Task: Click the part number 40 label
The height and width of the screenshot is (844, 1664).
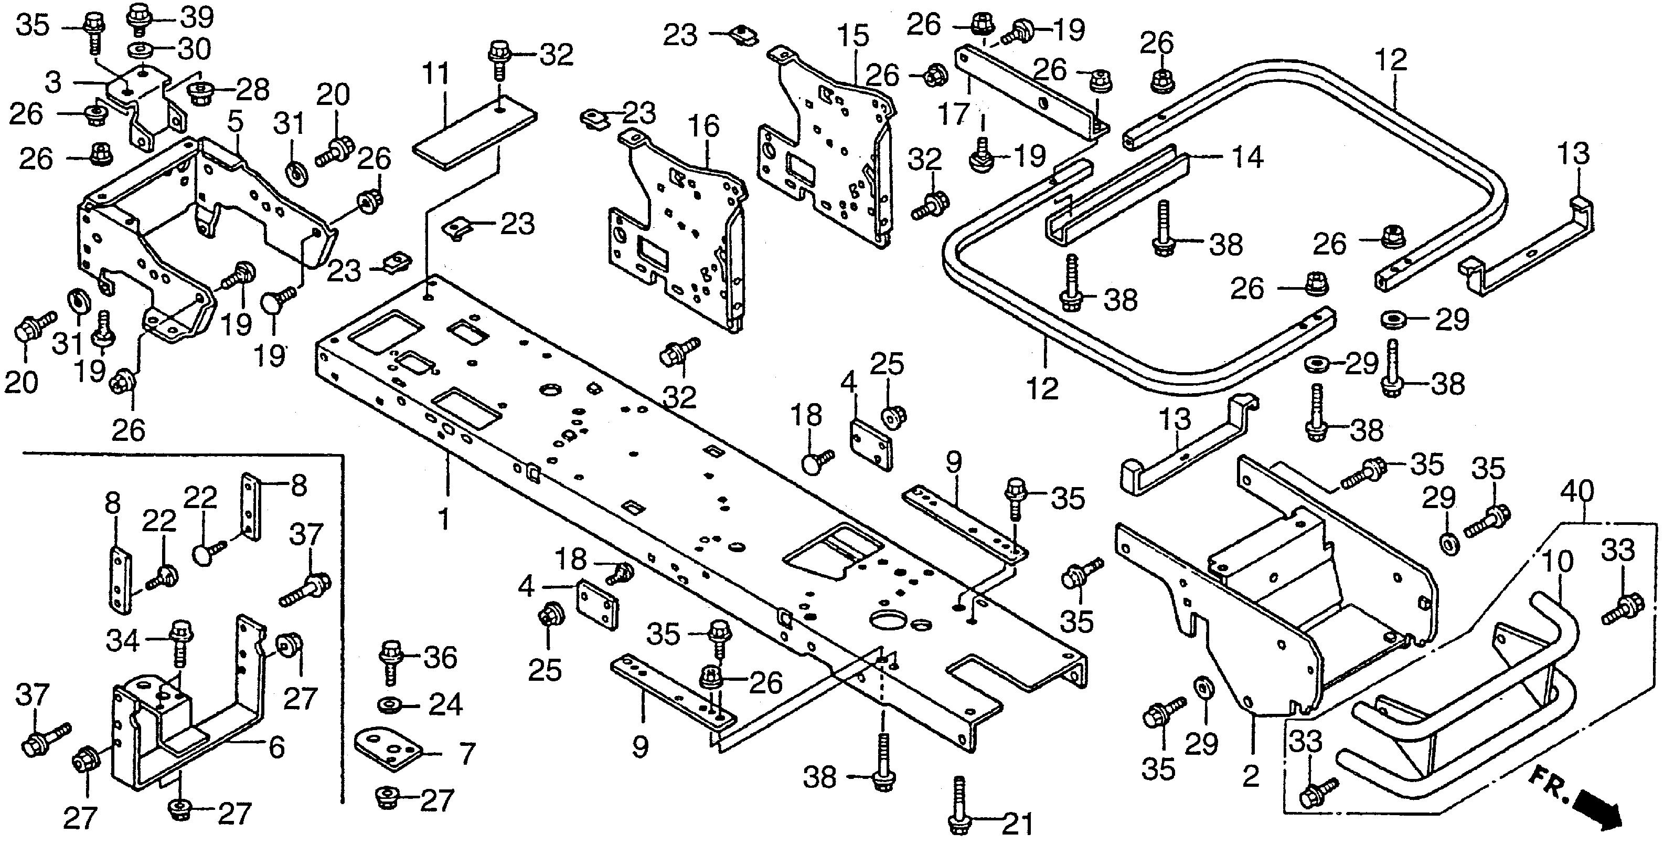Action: click(1577, 492)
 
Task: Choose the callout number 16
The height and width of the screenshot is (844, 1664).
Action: click(704, 126)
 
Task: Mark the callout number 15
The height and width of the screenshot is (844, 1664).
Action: click(854, 37)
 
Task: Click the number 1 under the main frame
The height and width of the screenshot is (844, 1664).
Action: click(444, 518)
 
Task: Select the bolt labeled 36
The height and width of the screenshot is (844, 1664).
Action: click(391, 660)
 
